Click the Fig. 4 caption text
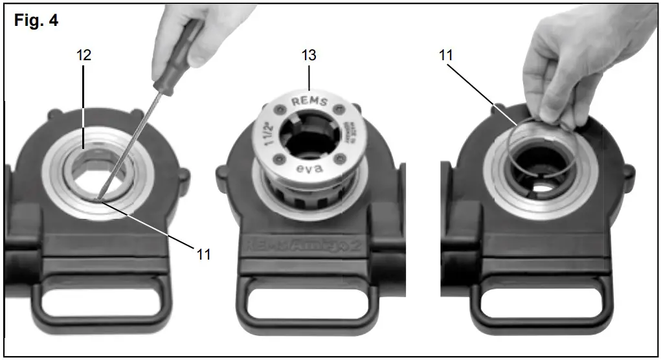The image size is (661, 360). click(36, 21)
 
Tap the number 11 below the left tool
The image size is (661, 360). click(204, 254)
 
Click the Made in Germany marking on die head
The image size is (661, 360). click(352, 129)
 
